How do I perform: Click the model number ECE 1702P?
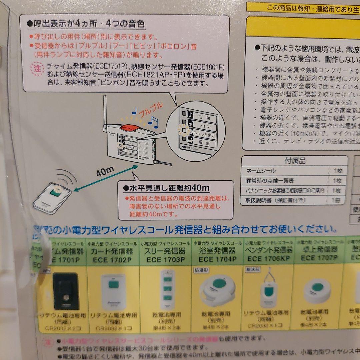click(x=112, y=260)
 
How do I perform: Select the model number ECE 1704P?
click(x=217, y=259)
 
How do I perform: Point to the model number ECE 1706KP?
click(x=269, y=259)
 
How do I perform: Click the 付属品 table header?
click(x=295, y=161)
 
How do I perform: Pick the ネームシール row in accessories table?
click(x=261, y=171)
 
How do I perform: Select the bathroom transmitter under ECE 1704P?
click(x=217, y=290)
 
